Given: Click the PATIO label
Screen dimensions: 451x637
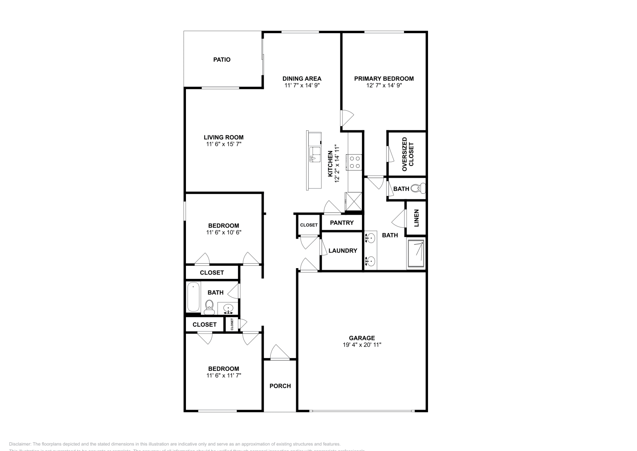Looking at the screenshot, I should [222, 60].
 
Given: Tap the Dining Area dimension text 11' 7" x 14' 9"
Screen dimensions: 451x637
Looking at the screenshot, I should [302, 85].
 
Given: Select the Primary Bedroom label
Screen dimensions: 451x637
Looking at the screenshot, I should [384, 78].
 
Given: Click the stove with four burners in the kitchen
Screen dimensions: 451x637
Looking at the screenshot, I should [354, 162].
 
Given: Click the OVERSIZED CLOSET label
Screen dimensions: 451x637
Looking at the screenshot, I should [408, 154].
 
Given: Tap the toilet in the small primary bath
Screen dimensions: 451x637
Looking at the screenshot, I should [417, 188].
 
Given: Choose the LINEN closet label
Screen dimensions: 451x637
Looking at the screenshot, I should [416, 218].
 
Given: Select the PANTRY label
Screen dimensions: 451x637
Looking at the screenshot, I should [342, 223].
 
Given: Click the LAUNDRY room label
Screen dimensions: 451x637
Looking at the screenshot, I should [342, 251].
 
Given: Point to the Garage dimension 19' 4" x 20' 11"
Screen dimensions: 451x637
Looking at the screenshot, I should [362, 345].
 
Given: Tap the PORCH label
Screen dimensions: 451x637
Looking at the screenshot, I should [280, 386].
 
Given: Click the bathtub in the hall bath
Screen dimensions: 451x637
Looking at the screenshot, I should [193, 297].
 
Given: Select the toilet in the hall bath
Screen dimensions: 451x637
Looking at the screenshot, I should [209, 307].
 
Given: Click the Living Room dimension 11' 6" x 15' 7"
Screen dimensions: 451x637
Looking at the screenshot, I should [223, 144].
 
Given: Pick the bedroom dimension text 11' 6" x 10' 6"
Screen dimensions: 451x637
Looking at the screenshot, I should [223, 232].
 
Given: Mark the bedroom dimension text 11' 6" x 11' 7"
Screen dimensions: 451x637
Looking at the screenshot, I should [223, 375].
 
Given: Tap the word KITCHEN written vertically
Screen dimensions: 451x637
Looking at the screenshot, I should [330, 164].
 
